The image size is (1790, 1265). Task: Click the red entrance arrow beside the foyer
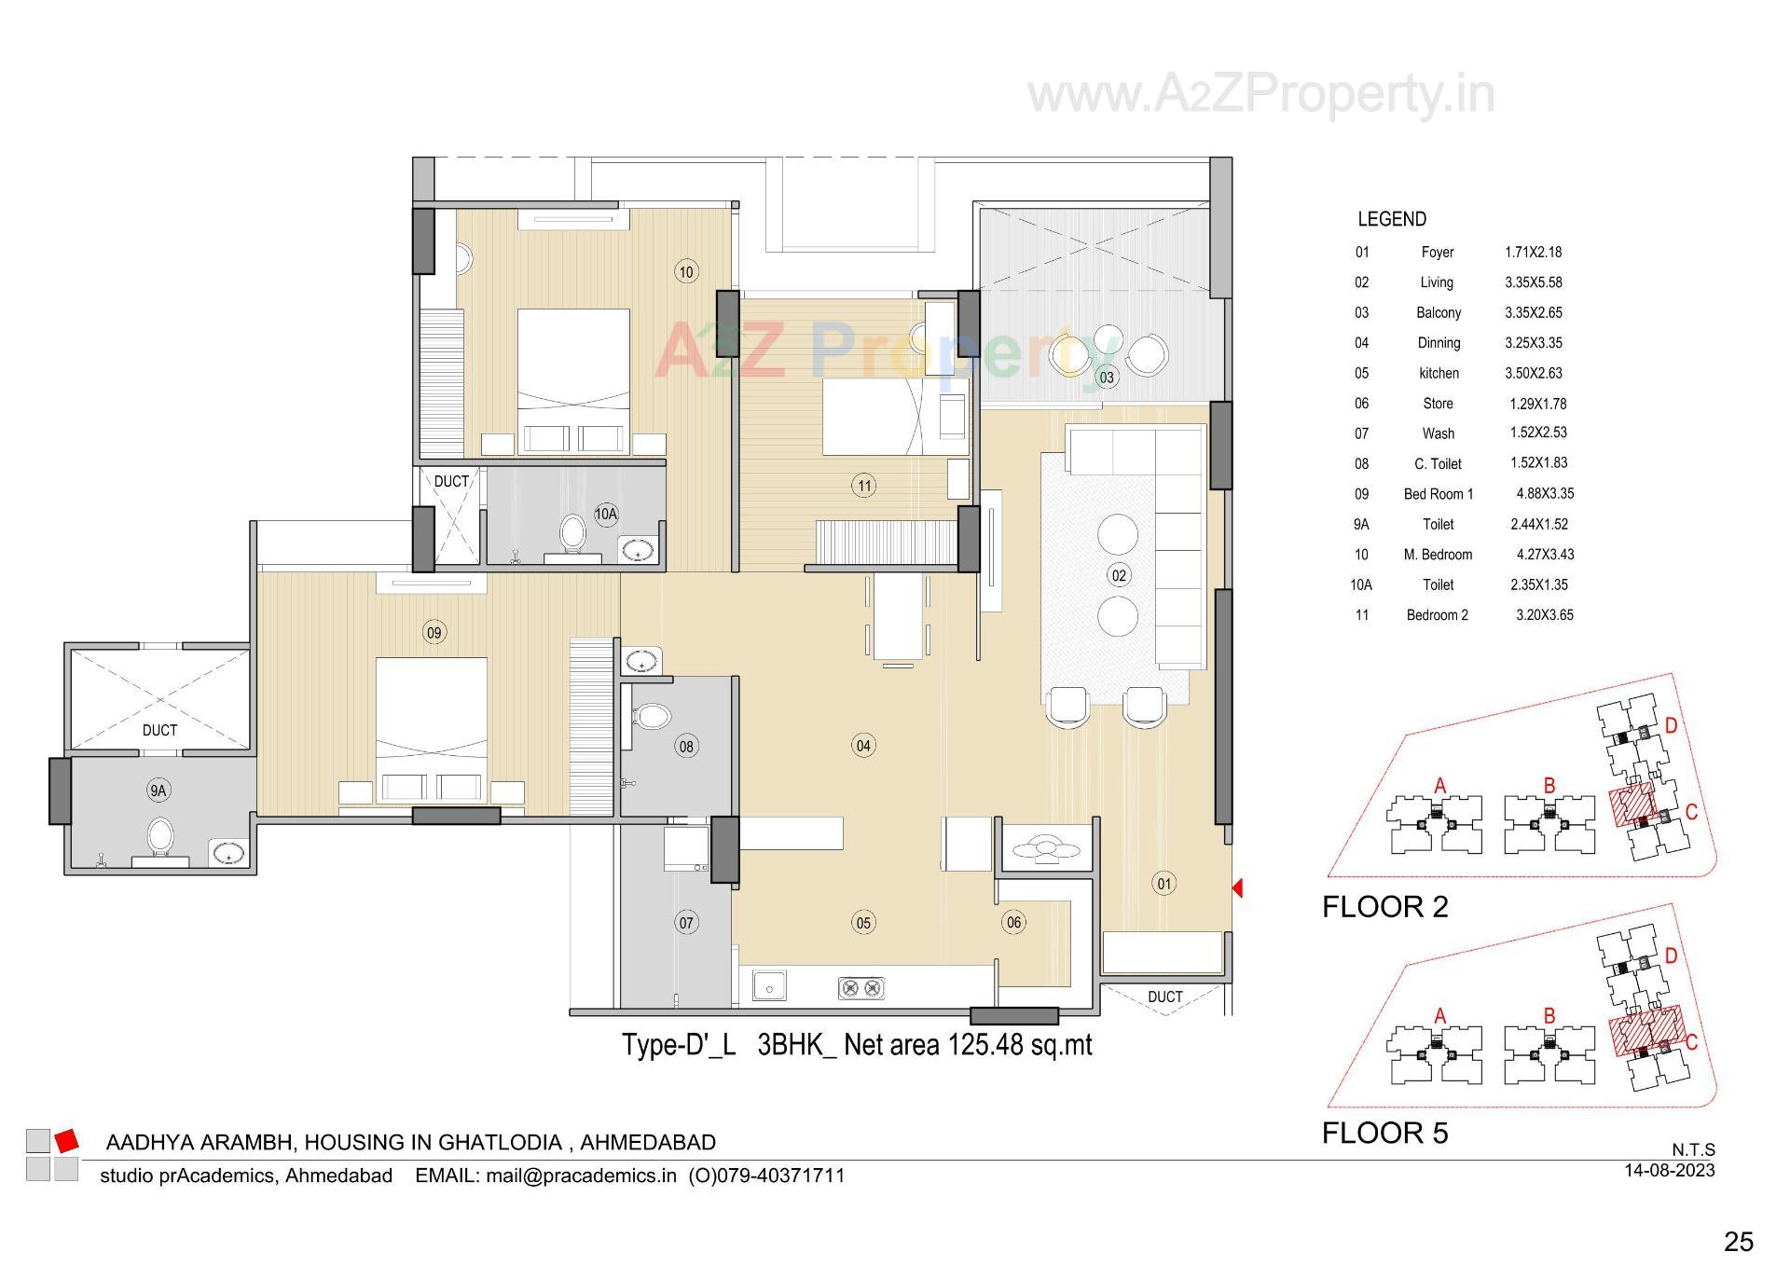click(1237, 888)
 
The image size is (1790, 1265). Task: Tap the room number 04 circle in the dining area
click(863, 745)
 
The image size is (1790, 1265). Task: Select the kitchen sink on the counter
click(769, 985)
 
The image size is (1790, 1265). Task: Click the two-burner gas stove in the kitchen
click(861, 987)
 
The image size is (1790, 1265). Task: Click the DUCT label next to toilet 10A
click(451, 481)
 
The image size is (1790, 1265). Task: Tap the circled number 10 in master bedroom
click(686, 272)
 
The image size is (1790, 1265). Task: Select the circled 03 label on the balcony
click(1107, 378)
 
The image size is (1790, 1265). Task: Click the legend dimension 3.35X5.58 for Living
click(1533, 282)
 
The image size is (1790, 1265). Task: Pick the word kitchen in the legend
click(1439, 373)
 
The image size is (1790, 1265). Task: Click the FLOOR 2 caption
click(1385, 906)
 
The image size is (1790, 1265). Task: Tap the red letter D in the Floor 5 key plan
click(1671, 956)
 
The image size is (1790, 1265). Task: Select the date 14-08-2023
click(1669, 1170)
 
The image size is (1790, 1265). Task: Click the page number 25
click(1738, 1242)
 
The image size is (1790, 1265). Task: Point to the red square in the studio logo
click(66, 1140)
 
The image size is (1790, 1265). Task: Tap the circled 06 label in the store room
click(1013, 923)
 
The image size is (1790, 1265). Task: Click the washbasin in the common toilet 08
click(641, 662)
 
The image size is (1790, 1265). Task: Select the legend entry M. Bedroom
click(1438, 555)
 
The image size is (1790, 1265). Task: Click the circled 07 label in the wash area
click(686, 923)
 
